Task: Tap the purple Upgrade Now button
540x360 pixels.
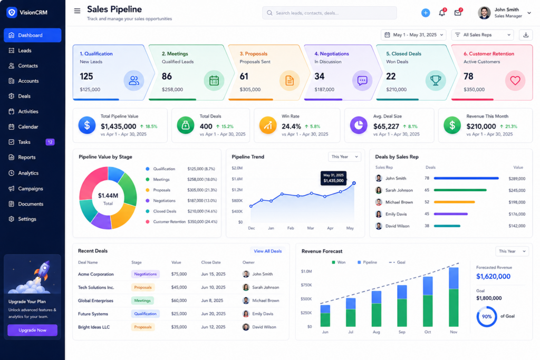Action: [32, 330]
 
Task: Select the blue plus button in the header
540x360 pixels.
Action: [426, 13]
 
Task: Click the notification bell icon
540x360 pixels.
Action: [442, 13]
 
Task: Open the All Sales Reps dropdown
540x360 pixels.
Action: [483, 35]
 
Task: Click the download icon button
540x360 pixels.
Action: [526, 35]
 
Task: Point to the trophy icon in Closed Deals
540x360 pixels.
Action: [436, 80]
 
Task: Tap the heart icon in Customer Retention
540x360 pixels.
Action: [515, 80]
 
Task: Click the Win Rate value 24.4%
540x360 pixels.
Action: [291, 127]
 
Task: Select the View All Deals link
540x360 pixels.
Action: [267, 251]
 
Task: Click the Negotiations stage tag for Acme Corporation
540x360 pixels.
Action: [146, 274]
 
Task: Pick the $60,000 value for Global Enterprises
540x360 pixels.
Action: [179, 300]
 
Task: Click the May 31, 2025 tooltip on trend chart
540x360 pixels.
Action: [333, 178]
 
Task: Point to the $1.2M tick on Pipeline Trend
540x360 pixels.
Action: [237, 190]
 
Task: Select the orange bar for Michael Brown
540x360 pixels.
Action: [454, 202]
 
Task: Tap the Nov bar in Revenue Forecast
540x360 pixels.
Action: [454, 297]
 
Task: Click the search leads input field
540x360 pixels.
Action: [329, 13]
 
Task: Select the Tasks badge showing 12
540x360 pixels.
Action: [50, 142]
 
